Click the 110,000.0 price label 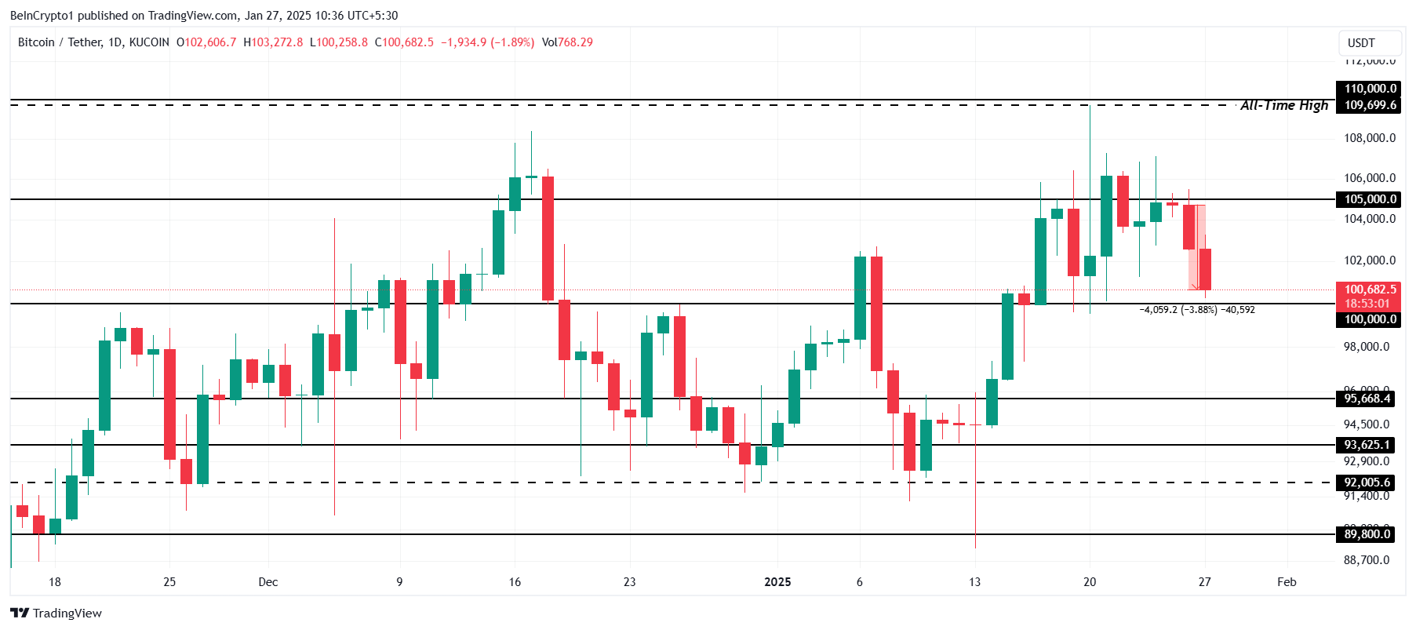1370,89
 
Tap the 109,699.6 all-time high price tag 1370,105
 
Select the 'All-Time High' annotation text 1284,105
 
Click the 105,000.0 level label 1370,199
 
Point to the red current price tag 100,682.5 1370,290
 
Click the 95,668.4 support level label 1367,399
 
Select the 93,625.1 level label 1367,445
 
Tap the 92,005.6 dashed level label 1367,483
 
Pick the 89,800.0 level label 1367,534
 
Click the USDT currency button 1361,43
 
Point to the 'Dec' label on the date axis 268,582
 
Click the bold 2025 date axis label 777,582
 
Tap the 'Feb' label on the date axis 1287,582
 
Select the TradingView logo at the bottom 56,614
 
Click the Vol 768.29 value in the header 568,42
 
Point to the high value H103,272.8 273,42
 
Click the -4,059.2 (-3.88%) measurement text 1178,310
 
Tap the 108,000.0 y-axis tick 1370,138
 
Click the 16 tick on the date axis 515,582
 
